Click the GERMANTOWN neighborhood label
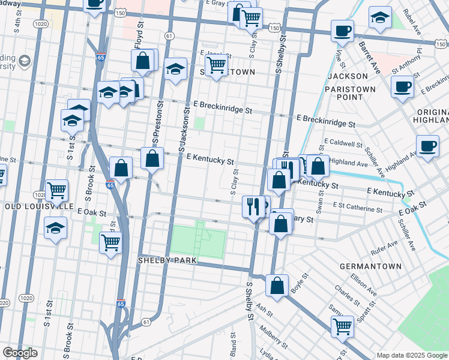point(365,266)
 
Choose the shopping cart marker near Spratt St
point(342,327)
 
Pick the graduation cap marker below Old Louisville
point(55,229)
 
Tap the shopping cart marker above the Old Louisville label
point(56,191)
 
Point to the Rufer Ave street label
point(384,244)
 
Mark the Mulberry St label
point(273,337)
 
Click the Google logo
point(20,353)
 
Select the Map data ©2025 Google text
point(411,355)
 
